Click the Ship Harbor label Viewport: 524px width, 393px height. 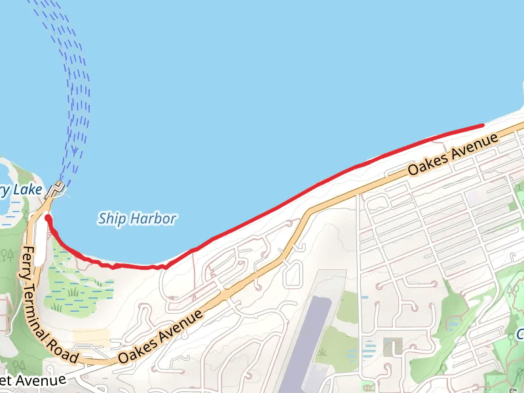coord(137,218)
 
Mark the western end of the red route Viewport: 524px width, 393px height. coord(47,217)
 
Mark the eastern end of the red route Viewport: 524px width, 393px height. coord(482,124)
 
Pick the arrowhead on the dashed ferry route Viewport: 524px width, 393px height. coord(75,155)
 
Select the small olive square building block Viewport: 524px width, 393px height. coord(393,346)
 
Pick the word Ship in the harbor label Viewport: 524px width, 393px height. coord(111,219)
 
